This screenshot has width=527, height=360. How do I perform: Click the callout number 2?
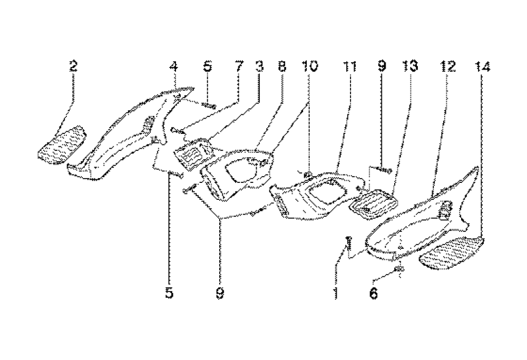coord(73,66)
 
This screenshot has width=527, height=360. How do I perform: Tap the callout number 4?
coord(174,66)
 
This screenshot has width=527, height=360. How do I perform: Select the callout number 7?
coord(239,66)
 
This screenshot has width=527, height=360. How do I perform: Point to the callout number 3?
coord(259,66)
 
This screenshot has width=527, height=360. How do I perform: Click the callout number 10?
coord(310,66)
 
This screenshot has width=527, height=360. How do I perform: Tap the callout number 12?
coord(448,66)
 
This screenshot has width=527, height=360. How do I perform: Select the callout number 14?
coord(482,66)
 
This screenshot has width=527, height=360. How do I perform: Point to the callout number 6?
coord(373,294)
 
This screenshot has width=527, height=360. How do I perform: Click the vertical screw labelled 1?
coord(348,243)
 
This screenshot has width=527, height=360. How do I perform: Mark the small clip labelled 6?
coord(399,270)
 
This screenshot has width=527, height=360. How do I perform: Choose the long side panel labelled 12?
coord(422,221)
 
